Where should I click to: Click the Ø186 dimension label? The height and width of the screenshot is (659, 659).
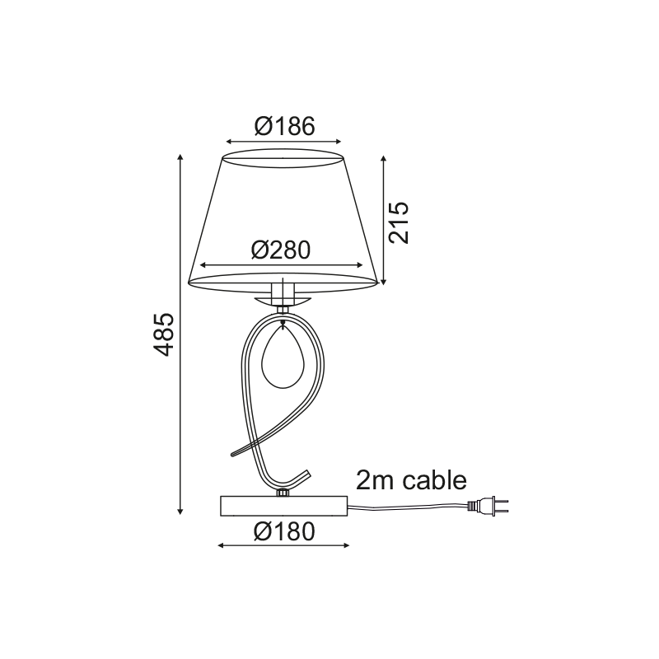[284, 126]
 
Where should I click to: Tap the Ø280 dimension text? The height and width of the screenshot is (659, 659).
[281, 250]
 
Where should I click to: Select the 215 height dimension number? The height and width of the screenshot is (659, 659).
[399, 222]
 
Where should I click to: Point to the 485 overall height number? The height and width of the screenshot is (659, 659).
[162, 334]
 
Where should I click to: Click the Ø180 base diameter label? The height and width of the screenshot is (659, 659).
[284, 532]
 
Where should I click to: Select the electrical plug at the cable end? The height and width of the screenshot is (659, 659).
[488, 506]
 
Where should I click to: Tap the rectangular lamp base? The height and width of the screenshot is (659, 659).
[283, 506]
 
